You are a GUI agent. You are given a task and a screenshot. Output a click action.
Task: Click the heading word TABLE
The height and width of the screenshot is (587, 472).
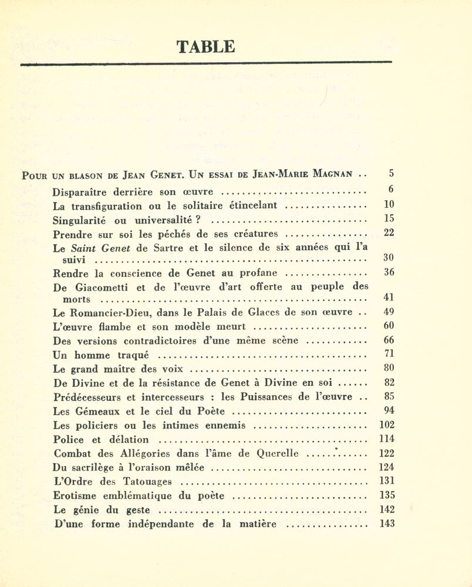click(205, 47)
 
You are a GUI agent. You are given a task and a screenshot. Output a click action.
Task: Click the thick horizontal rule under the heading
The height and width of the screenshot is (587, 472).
click(205, 63)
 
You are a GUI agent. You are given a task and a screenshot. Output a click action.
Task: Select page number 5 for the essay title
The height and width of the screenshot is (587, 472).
click(391, 174)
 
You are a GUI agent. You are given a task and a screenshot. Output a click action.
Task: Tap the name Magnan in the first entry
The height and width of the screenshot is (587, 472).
click(331, 174)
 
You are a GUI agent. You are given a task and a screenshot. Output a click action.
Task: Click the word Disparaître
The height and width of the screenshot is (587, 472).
click(80, 192)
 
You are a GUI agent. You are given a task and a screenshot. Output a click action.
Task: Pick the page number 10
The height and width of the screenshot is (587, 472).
click(389, 205)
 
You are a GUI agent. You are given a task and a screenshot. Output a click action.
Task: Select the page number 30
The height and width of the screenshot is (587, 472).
click(389, 257)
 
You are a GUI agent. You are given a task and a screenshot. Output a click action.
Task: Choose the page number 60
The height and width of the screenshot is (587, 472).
click(389, 326)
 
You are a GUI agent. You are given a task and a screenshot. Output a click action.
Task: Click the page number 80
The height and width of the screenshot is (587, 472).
click(389, 369)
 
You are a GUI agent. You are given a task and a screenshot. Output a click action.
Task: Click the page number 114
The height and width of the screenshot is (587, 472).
click(387, 438)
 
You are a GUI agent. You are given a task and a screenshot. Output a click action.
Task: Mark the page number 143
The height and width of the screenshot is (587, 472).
click(387, 524)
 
